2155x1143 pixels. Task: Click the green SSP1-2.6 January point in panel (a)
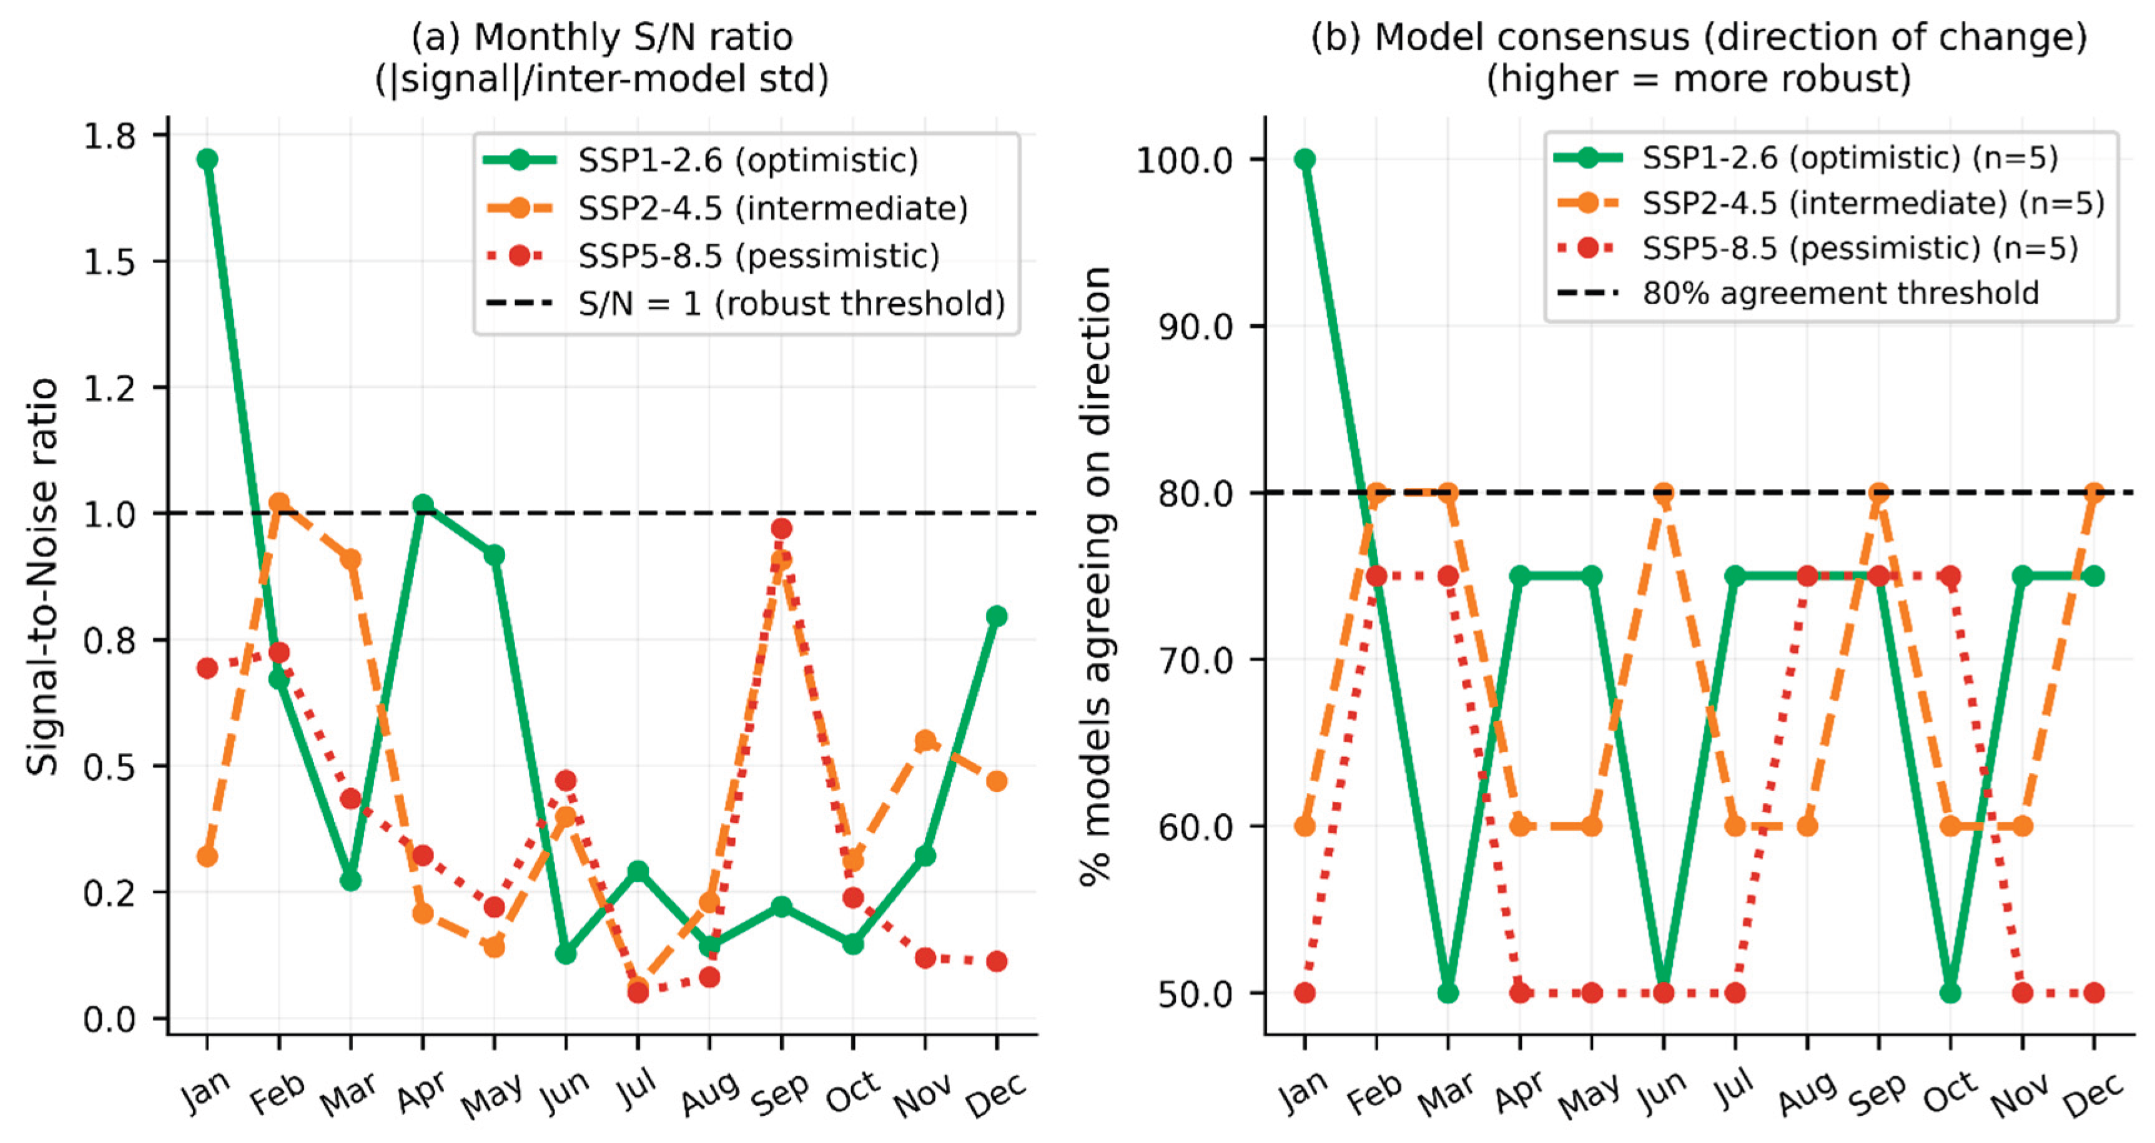point(207,159)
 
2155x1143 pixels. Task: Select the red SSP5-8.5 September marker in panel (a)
point(781,528)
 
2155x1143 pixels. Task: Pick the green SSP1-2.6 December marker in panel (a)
point(997,616)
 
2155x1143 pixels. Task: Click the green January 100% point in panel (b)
point(1304,159)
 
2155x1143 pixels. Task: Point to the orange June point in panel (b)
point(1663,492)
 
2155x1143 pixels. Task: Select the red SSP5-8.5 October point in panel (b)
point(1950,576)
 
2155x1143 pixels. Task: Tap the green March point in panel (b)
point(1448,993)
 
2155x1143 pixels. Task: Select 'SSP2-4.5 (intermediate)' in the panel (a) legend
point(772,207)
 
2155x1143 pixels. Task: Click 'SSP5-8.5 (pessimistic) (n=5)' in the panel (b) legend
point(1860,248)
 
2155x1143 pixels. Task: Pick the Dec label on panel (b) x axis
point(2093,1093)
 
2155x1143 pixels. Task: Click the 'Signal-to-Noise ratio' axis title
point(42,576)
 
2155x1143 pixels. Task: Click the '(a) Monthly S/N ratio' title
point(601,37)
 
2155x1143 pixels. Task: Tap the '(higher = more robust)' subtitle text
point(1699,79)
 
